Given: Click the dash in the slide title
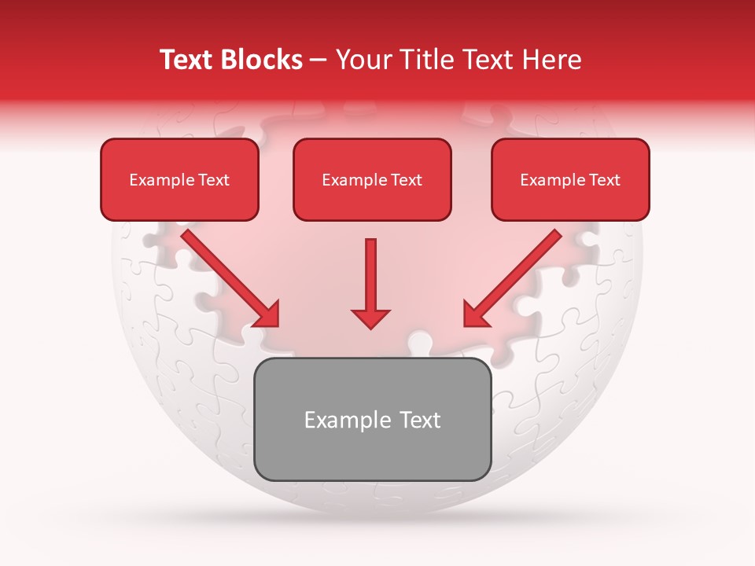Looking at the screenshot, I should tap(319, 61).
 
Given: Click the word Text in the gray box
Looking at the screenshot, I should tap(418, 421).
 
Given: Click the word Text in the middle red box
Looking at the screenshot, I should tap(407, 180).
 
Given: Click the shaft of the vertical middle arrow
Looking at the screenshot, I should tap(371, 271).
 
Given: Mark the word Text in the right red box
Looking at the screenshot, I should tap(605, 180).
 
